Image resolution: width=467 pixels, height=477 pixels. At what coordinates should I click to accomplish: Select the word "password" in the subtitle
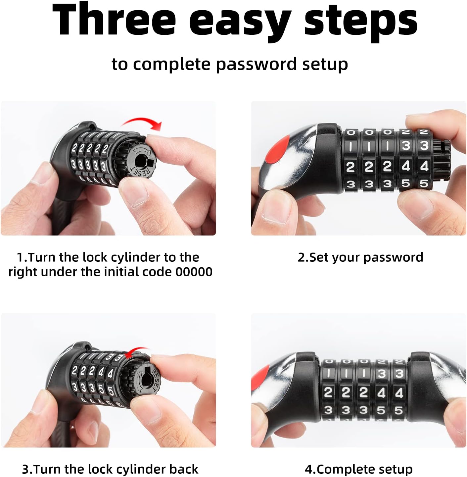click(x=256, y=65)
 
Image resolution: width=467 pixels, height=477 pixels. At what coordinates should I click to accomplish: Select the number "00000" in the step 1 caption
click(x=194, y=272)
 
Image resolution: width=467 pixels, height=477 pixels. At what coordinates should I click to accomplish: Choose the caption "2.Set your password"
click(x=360, y=257)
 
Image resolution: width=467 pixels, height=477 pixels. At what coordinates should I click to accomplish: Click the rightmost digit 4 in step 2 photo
click(x=424, y=166)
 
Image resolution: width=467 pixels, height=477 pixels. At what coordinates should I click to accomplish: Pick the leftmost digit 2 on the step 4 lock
click(x=328, y=393)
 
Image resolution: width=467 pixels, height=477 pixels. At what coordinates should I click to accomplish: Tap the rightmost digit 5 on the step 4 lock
click(x=398, y=410)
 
